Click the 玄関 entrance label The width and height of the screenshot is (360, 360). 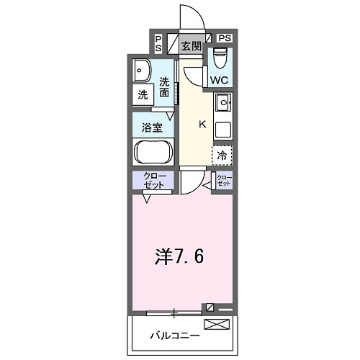coord(191,47)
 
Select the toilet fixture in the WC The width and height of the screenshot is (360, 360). coord(220,56)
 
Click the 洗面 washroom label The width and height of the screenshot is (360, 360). coord(165,86)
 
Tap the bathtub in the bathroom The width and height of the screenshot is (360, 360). coord(152,153)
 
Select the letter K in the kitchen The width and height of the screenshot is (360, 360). coord(202,124)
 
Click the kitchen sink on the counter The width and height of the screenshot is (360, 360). coord(222,104)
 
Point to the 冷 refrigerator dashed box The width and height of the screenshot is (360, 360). coord(222,154)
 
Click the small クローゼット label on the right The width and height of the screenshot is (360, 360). coord(225,181)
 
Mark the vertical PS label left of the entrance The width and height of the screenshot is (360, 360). coord(158,43)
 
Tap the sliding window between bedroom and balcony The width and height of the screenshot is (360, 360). coord(174,312)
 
